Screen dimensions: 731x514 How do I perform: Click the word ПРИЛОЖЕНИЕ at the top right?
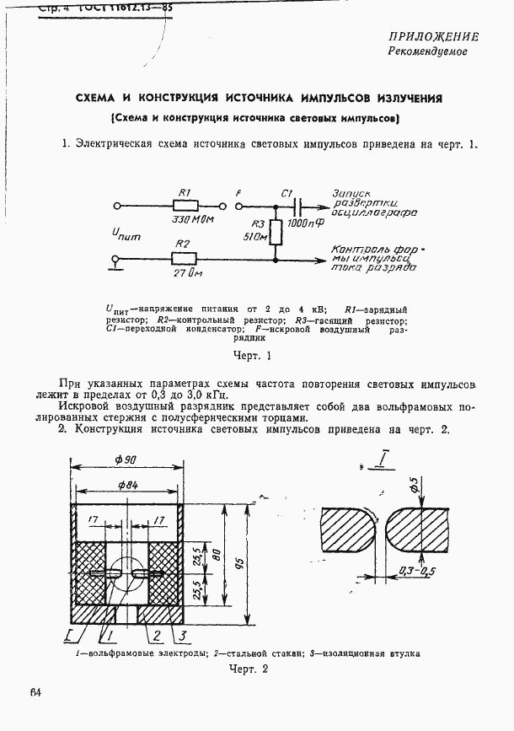pos(433,36)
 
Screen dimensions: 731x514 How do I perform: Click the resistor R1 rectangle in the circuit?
pos(185,205)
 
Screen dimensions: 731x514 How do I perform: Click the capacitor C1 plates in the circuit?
pos(296,205)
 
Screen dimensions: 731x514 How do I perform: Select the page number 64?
pos(35,693)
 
